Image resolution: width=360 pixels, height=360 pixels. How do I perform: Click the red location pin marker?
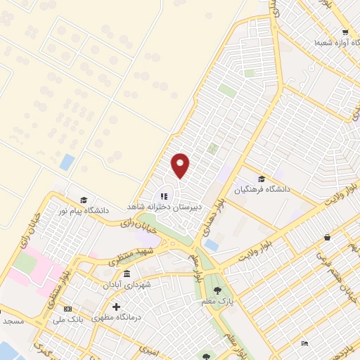pyautogui.click(x=181, y=165)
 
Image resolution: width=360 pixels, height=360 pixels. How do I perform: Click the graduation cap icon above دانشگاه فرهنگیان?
pyautogui.click(x=262, y=179)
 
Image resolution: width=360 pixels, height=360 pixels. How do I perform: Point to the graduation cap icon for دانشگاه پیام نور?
pyautogui.click(x=84, y=200)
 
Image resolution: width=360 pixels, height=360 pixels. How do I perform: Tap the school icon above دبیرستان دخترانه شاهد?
pyautogui.click(x=164, y=197)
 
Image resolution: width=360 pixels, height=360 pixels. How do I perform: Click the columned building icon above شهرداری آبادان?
pyautogui.click(x=127, y=274)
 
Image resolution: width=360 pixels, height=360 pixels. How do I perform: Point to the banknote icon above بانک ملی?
pyautogui.click(x=68, y=308)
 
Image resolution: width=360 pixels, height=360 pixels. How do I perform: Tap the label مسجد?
pyautogui.click(x=13, y=321)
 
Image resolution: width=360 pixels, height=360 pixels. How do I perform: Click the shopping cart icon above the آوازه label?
pyautogui.click(x=345, y=32)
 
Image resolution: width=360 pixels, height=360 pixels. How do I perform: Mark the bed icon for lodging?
pyautogui.click(x=304, y=342)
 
